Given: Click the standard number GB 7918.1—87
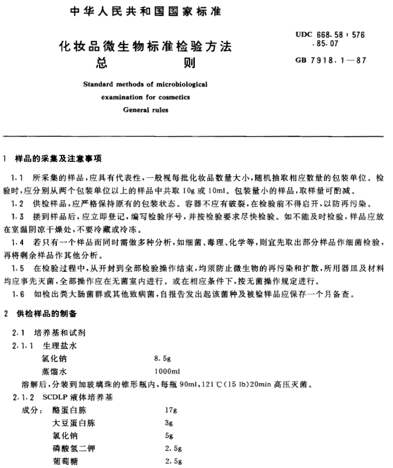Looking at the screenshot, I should pyautogui.click(x=330, y=60).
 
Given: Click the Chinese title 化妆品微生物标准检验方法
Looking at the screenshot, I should pyautogui.click(x=146, y=47).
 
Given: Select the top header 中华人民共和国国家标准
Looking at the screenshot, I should pyautogui.click(x=146, y=11).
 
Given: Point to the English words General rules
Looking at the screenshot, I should pyautogui.click(x=146, y=110).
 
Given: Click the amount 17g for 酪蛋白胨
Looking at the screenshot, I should pyautogui.click(x=171, y=411).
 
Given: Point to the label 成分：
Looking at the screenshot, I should pyautogui.click(x=32, y=411).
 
